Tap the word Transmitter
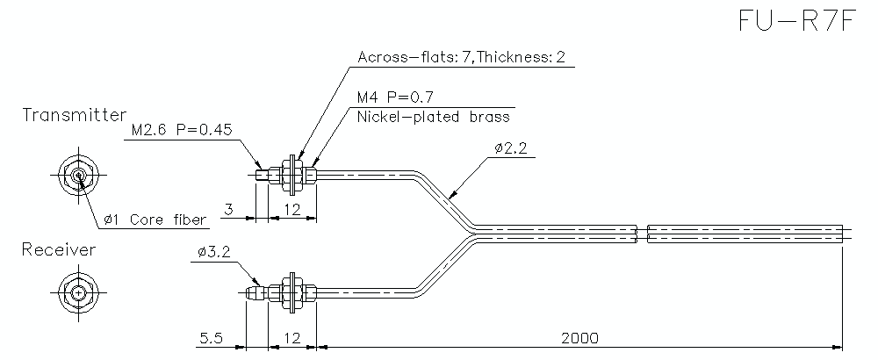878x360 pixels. click(x=75, y=116)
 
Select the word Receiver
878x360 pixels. click(x=59, y=250)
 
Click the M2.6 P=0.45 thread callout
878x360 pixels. click(x=181, y=130)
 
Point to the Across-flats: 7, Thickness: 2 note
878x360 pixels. click(x=461, y=58)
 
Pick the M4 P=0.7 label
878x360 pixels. click(x=396, y=97)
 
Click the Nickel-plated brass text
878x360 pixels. click(x=433, y=116)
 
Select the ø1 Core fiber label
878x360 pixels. click(x=155, y=220)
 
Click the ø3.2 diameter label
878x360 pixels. click(x=213, y=252)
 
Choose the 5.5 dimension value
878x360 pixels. click(x=212, y=337)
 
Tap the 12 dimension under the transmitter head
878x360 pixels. click(x=291, y=209)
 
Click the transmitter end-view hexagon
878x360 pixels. click(x=79, y=176)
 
